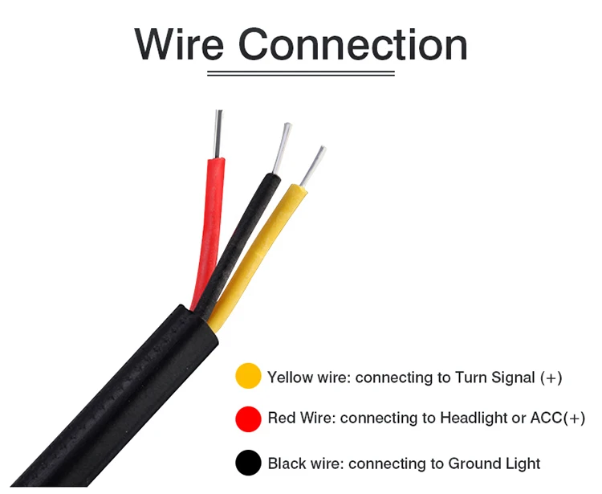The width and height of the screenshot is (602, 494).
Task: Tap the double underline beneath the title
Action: click(301, 73)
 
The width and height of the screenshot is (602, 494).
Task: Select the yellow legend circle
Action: click(249, 377)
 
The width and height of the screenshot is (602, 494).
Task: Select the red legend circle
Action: click(249, 418)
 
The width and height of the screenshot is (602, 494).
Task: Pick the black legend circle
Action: click(249, 463)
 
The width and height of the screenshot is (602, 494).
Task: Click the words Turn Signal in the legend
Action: click(494, 378)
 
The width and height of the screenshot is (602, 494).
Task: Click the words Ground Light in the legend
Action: click(494, 463)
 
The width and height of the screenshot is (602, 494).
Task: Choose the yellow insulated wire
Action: click(264, 249)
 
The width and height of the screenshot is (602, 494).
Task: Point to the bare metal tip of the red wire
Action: click(218, 133)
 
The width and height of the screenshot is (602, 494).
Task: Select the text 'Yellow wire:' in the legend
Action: click(308, 378)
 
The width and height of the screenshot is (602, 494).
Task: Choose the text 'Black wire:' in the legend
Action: click(305, 463)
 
